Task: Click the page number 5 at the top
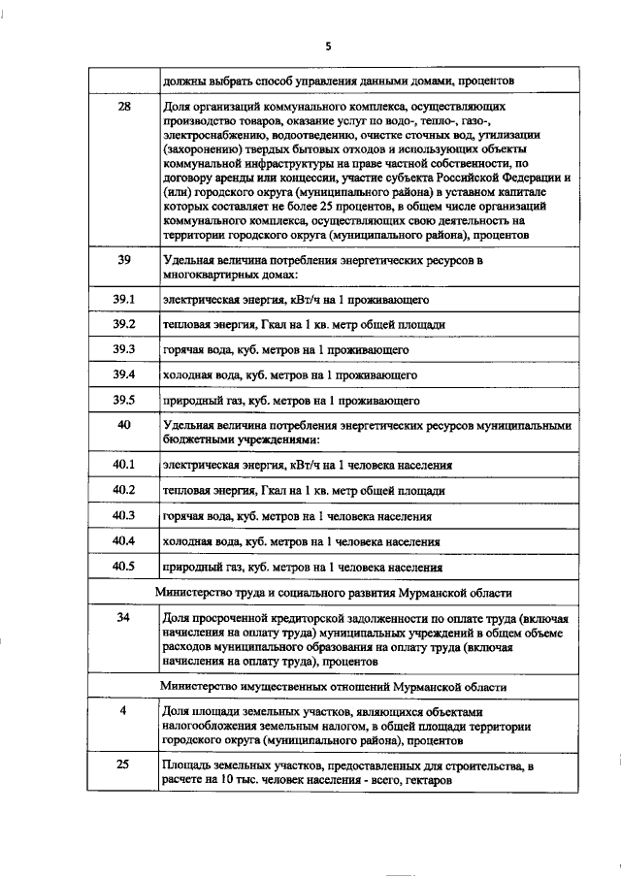(x=328, y=46)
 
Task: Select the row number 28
(x=123, y=106)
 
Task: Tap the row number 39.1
(x=123, y=299)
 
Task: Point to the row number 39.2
(x=123, y=324)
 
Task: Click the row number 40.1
(x=123, y=465)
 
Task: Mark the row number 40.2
(x=123, y=490)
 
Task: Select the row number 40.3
(x=123, y=515)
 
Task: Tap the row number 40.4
(x=123, y=540)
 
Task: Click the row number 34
(x=123, y=618)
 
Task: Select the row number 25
(x=123, y=765)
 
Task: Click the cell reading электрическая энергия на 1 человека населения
(x=309, y=466)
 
